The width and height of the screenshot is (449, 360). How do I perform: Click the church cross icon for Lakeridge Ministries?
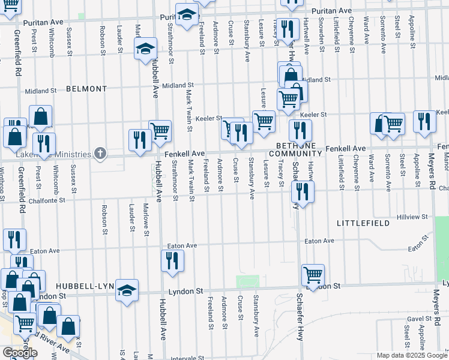100,154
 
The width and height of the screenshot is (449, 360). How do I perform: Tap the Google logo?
20,352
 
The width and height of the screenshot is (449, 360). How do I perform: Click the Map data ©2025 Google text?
411,355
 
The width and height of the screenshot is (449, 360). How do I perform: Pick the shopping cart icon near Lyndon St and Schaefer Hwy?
313,275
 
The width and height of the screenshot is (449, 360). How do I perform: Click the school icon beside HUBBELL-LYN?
127,290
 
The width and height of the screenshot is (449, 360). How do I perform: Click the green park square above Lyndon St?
247,281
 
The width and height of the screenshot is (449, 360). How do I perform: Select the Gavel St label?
415,319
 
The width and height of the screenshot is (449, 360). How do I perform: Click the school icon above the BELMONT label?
145,50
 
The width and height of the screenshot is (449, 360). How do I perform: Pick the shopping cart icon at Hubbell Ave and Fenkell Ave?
160,131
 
